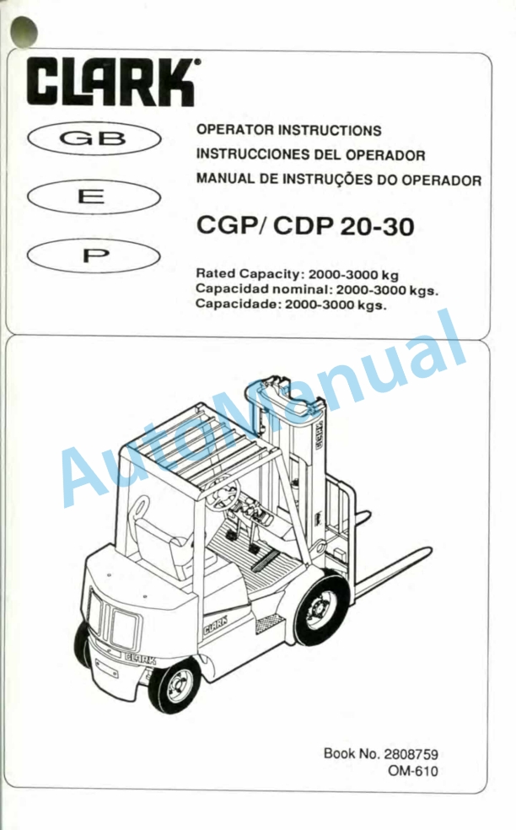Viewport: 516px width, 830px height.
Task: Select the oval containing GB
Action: (94, 138)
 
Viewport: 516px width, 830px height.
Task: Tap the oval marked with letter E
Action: (94, 197)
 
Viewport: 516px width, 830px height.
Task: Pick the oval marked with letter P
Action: (94, 256)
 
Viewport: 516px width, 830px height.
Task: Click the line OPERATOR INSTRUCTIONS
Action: (289, 130)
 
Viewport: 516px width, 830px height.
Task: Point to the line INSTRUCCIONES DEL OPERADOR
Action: (310, 154)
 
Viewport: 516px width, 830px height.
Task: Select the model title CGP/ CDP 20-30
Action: (305, 225)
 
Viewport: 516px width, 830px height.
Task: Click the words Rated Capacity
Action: (248, 274)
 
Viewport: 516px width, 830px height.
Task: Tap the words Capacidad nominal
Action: (263, 289)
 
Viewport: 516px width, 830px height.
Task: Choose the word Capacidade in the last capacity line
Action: (237, 304)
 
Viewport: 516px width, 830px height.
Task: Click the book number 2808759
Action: (411, 754)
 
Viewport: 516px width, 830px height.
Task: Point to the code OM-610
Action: (413, 771)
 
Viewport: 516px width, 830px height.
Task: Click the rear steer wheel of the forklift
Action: (175, 684)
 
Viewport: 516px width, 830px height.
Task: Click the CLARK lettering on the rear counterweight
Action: (140, 659)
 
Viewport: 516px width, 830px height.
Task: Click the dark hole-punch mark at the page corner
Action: (24, 30)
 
